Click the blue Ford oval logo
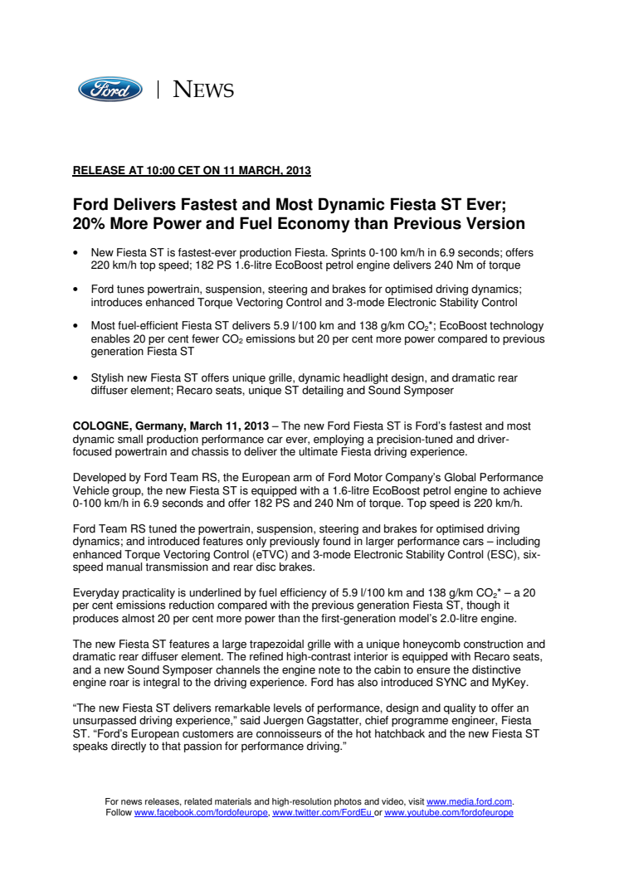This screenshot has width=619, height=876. click(x=110, y=90)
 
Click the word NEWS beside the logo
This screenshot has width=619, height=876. click(x=203, y=90)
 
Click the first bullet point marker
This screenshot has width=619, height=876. click(x=76, y=251)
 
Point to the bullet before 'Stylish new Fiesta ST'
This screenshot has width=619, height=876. click(x=76, y=378)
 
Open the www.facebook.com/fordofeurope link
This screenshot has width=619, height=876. click(x=201, y=813)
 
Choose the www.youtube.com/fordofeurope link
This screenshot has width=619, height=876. click(x=449, y=813)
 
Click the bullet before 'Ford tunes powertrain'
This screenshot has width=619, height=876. click(x=76, y=288)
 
